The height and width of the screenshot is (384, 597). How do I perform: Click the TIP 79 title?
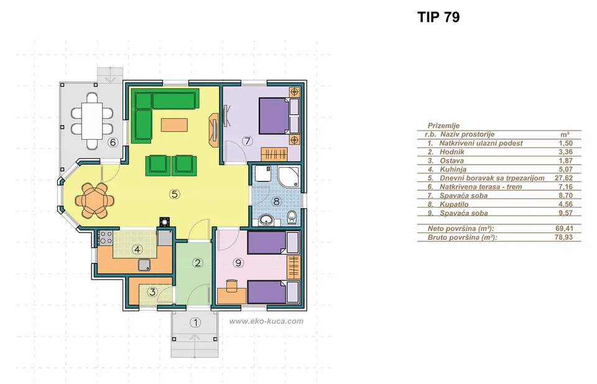[438, 17]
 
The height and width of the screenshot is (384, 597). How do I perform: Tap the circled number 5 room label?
[174, 194]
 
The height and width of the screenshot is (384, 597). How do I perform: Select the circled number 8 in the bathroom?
[276, 201]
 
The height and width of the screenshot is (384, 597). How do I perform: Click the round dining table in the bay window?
[95, 200]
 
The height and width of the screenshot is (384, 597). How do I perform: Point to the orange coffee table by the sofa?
[174, 126]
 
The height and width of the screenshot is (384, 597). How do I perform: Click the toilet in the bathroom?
[292, 217]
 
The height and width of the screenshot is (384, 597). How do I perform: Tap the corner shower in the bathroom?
[289, 177]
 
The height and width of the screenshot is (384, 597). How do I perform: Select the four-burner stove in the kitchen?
[106, 237]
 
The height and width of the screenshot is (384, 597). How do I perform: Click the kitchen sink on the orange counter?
[145, 265]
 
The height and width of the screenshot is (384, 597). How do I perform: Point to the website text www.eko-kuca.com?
[266, 321]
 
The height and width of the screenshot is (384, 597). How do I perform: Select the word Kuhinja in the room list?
[453, 170]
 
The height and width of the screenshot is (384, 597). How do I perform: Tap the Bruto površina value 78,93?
[564, 237]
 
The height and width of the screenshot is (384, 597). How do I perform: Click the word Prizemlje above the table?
[443, 126]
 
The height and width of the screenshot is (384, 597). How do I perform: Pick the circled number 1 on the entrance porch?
[195, 322]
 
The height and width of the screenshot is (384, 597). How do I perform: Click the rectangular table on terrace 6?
[92, 121]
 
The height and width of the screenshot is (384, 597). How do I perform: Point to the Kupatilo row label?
[454, 204]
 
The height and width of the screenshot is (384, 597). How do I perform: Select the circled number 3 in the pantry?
[153, 292]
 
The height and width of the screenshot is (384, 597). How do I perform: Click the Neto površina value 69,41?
[564, 228]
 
